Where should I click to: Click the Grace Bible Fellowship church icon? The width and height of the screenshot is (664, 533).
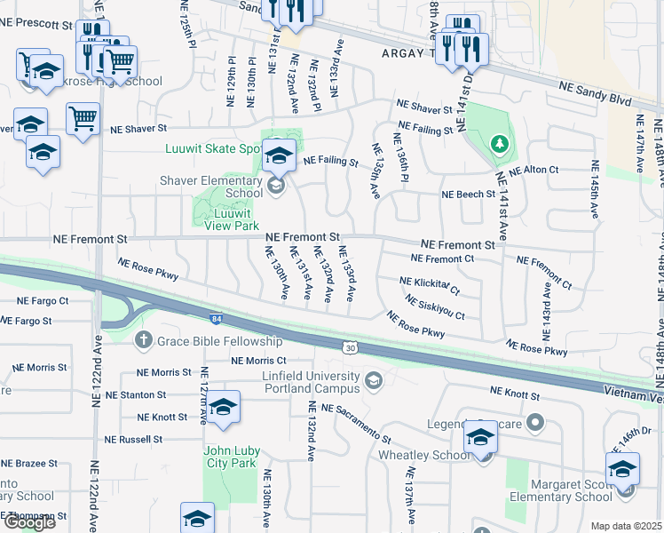click(x=143, y=340)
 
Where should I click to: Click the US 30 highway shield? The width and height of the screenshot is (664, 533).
click(x=352, y=348)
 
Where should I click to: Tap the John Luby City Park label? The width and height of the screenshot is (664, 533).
click(x=230, y=457)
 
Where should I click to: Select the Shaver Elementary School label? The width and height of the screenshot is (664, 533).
click(x=211, y=187)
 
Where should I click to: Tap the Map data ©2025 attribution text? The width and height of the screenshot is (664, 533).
click(x=627, y=526)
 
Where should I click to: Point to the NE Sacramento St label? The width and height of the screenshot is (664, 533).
click(x=356, y=423)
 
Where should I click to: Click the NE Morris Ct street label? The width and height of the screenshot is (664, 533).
click(x=258, y=361)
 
